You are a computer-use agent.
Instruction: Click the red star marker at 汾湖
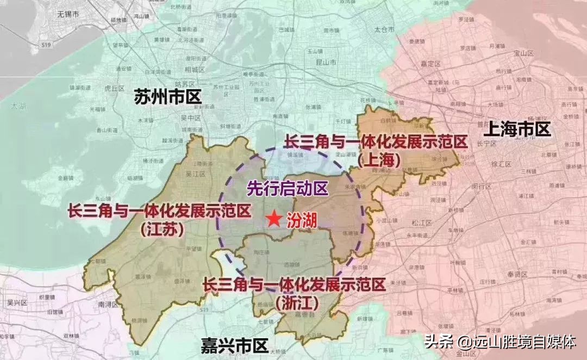point(274,220)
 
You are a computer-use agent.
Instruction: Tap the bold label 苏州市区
point(168,97)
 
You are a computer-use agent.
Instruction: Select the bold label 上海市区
point(517,129)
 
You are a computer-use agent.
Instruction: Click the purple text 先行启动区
point(288,189)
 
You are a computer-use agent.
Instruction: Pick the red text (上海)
point(380,159)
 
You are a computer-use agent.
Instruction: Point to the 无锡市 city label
point(69,14)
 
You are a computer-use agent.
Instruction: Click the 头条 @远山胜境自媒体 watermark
point(499,342)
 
